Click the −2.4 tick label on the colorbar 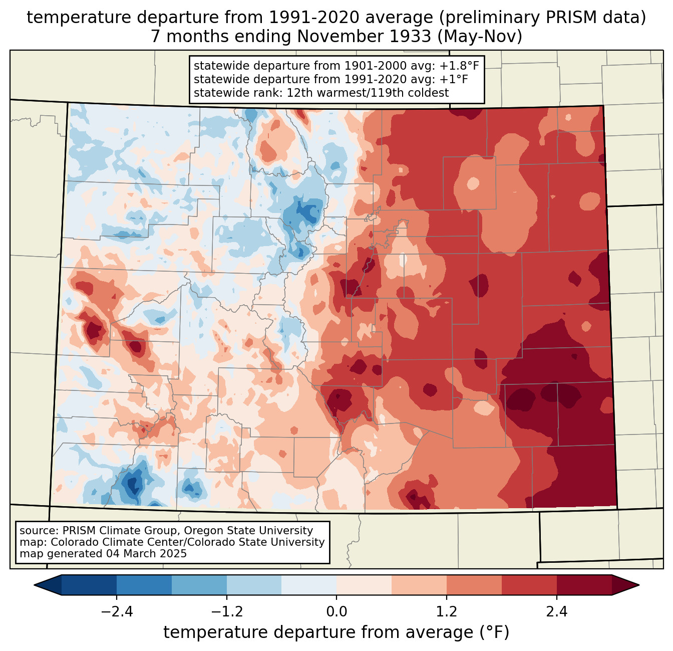[116, 612]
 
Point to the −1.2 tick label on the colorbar [226, 612]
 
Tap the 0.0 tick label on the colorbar [337, 612]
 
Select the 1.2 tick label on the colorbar [447, 612]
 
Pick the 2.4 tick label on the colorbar [557, 612]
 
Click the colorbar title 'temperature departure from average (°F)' [337, 632]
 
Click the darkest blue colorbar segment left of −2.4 [89, 585]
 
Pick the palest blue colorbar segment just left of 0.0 [309, 585]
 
